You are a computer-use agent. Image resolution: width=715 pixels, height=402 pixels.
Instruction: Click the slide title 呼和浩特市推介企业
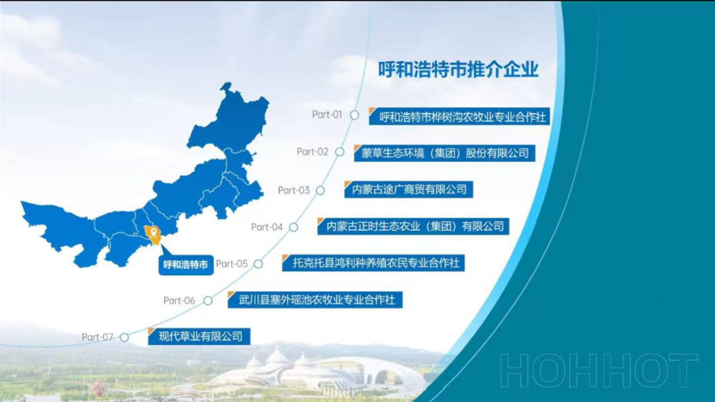pos(458,69)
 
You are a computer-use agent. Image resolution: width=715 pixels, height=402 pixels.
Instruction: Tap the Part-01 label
pos(327,115)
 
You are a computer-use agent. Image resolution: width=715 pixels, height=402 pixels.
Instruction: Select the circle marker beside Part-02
pos(340,151)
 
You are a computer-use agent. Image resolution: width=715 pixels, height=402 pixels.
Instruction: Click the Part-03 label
pos(294,190)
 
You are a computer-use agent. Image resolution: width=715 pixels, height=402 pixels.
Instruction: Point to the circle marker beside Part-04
pos(294,227)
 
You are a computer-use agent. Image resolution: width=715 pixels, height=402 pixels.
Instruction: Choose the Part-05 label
pos(232,264)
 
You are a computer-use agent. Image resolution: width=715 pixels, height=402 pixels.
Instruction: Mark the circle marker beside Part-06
pos(208,300)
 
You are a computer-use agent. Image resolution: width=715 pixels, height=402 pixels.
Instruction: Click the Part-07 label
pos(97,337)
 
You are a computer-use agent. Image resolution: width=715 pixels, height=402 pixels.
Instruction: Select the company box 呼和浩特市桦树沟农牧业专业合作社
pos(459,116)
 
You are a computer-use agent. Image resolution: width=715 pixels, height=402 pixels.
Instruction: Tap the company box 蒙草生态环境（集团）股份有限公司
pos(445,153)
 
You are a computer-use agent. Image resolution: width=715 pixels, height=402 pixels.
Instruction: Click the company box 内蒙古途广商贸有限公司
pos(408,189)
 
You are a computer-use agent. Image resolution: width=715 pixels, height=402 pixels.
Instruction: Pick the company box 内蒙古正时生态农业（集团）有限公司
pos(413,226)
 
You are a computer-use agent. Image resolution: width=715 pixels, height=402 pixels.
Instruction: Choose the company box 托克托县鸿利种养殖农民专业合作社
pos(373,263)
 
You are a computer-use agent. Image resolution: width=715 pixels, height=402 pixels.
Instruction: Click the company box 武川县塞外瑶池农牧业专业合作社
pos(315,300)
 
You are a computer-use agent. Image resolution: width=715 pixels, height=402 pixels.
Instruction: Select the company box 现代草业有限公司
pos(199,337)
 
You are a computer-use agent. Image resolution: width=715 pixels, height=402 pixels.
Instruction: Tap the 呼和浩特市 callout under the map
pos(186,264)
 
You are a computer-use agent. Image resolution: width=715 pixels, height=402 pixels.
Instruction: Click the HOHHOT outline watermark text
pos(598,370)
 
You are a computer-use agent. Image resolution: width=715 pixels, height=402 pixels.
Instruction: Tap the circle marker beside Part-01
pos(354,115)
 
